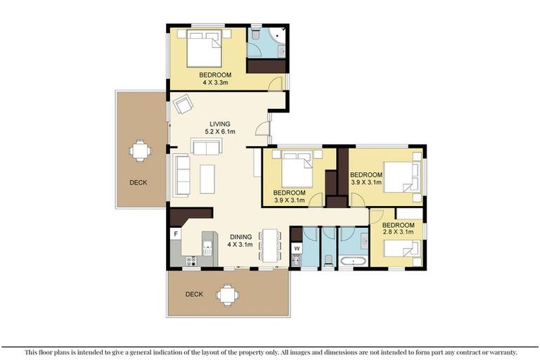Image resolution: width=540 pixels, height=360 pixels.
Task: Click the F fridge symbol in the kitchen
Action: click(x=176, y=234)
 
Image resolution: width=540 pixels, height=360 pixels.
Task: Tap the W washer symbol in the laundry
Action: click(x=297, y=248)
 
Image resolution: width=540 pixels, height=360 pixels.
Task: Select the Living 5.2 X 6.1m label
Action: click(x=220, y=127)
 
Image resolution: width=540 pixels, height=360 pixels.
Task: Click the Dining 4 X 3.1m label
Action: click(x=240, y=240)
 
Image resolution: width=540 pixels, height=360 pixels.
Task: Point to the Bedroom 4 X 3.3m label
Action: click(x=215, y=79)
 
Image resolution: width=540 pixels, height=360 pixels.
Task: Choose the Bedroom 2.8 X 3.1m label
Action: click(x=398, y=229)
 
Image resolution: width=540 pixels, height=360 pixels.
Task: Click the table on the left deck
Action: click(x=140, y=151)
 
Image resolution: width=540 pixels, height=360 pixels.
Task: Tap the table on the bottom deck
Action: click(x=228, y=295)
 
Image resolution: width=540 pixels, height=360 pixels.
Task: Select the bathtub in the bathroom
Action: click(x=354, y=260)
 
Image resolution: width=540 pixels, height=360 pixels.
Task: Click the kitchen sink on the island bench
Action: click(x=207, y=248)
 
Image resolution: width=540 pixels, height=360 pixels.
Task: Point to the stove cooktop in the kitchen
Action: click(x=191, y=261)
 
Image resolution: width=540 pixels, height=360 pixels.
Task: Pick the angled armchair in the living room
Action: click(x=183, y=103)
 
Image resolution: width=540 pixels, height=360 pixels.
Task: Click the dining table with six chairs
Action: click(x=270, y=245)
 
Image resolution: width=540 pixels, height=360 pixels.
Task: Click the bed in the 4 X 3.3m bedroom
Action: click(x=204, y=49)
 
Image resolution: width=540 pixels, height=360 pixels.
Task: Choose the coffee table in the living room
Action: click(x=207, y=179)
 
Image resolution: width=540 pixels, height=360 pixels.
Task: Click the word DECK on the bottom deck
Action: click(x=194, y=294)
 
